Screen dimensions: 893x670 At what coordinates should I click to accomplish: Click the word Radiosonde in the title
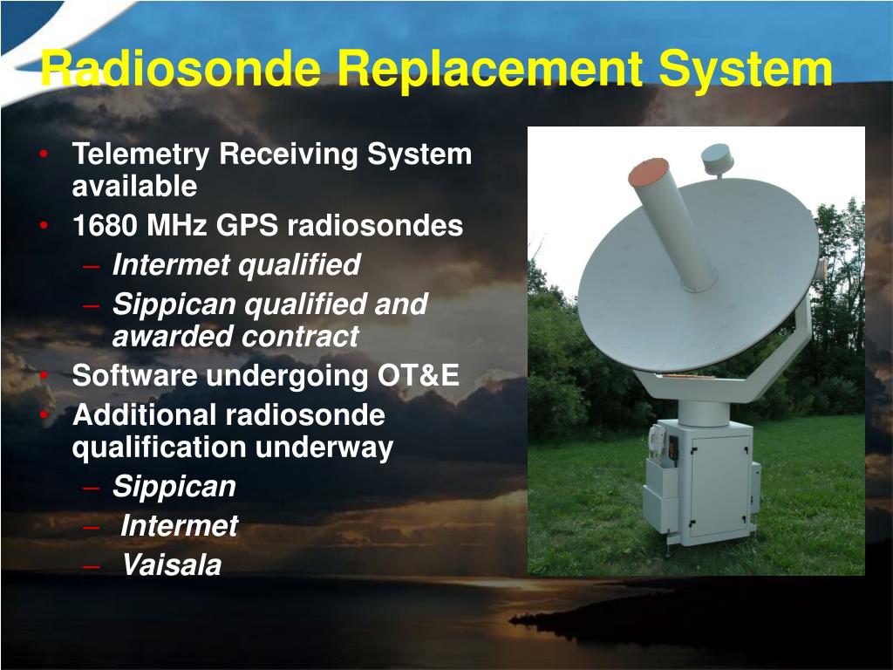pyautogui.click(x=181, y=68)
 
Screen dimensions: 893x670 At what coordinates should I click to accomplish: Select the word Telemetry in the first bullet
pyautogui.click(x=140, y=155)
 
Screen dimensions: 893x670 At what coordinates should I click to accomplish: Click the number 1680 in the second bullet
pyautogui.click(x=106, y=225)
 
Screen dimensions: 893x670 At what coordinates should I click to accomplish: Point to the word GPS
pyautogui.click(x=247, y=225)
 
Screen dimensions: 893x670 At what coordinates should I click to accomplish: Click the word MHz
pyautogui.click(x=176, y=225)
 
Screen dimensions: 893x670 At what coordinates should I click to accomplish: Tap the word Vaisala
pyautogui.click(x=172, y=565)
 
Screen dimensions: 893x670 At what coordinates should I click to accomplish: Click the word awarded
pyautogui.click(x=174, y=336)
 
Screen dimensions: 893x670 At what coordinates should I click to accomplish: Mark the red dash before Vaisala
pyautogui.click(x=91, y=566)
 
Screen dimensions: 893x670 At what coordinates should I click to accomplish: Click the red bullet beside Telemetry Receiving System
pyautogui.click(x=44, y=154)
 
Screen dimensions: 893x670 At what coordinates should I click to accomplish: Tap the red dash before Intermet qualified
pyautogui.click(x=91, y=266)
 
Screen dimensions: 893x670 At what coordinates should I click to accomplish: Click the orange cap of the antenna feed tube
pyautogui.click(x=648, y=171)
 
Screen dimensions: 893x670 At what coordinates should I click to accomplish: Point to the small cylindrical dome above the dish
pyautogui.click(x=716, y=158)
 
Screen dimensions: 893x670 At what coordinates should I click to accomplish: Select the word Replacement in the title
pyautogui.click(x=490, y=70)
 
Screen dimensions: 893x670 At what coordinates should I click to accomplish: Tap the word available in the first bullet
pyautogui.click(x=134, y=187)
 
